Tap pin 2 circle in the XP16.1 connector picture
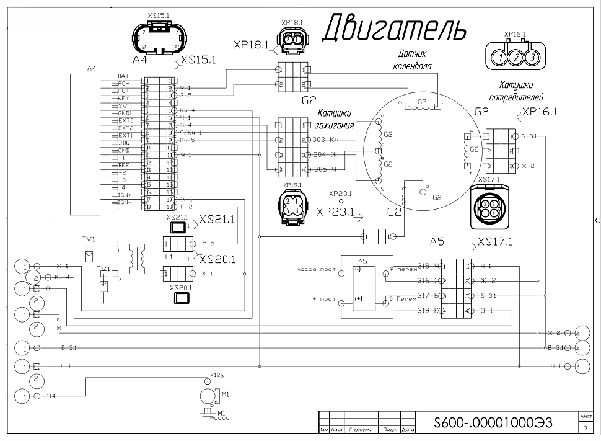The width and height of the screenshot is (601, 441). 515,58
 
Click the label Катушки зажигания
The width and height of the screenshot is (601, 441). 335,119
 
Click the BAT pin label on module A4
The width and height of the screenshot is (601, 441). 123,76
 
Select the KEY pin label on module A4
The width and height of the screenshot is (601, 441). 123,98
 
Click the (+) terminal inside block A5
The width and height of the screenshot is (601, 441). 359,298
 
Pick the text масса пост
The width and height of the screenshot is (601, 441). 315,270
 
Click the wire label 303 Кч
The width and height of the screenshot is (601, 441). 325,141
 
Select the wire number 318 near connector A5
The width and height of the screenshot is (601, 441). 424,265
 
